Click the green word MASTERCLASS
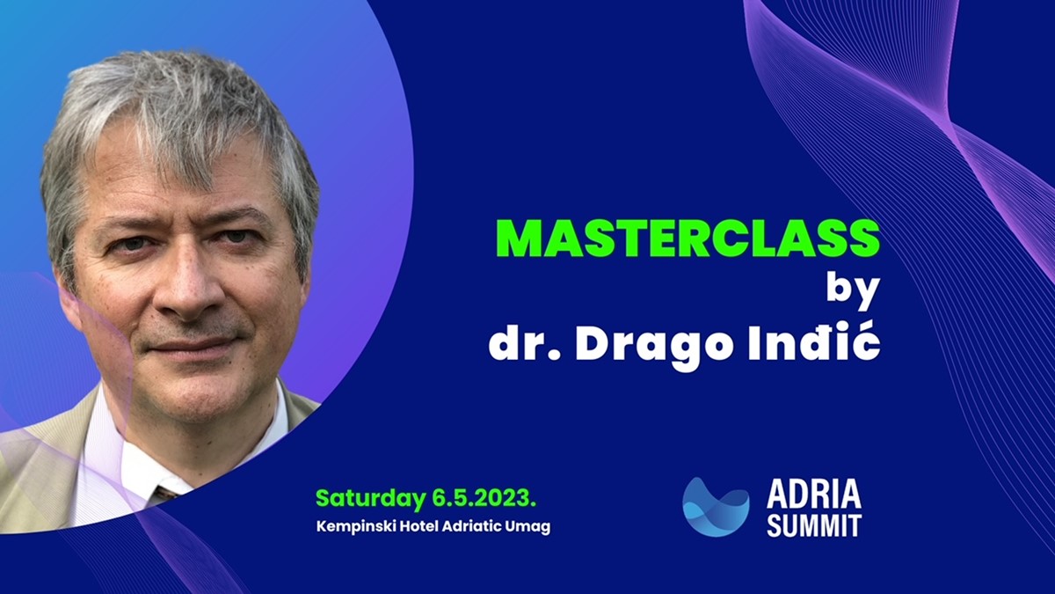[x=688, y=238]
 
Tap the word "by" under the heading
[x=853, y=291]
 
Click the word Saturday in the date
[x=370, y=499]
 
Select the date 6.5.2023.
[x=484, y=498]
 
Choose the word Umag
[x=527, y=527]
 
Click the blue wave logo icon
[x=716, y=507]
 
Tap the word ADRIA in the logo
[x=814, y=495]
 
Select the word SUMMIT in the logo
[x=814, y=526]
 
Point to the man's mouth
[x=191, y=347]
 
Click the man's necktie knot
[x=166, y=493]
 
